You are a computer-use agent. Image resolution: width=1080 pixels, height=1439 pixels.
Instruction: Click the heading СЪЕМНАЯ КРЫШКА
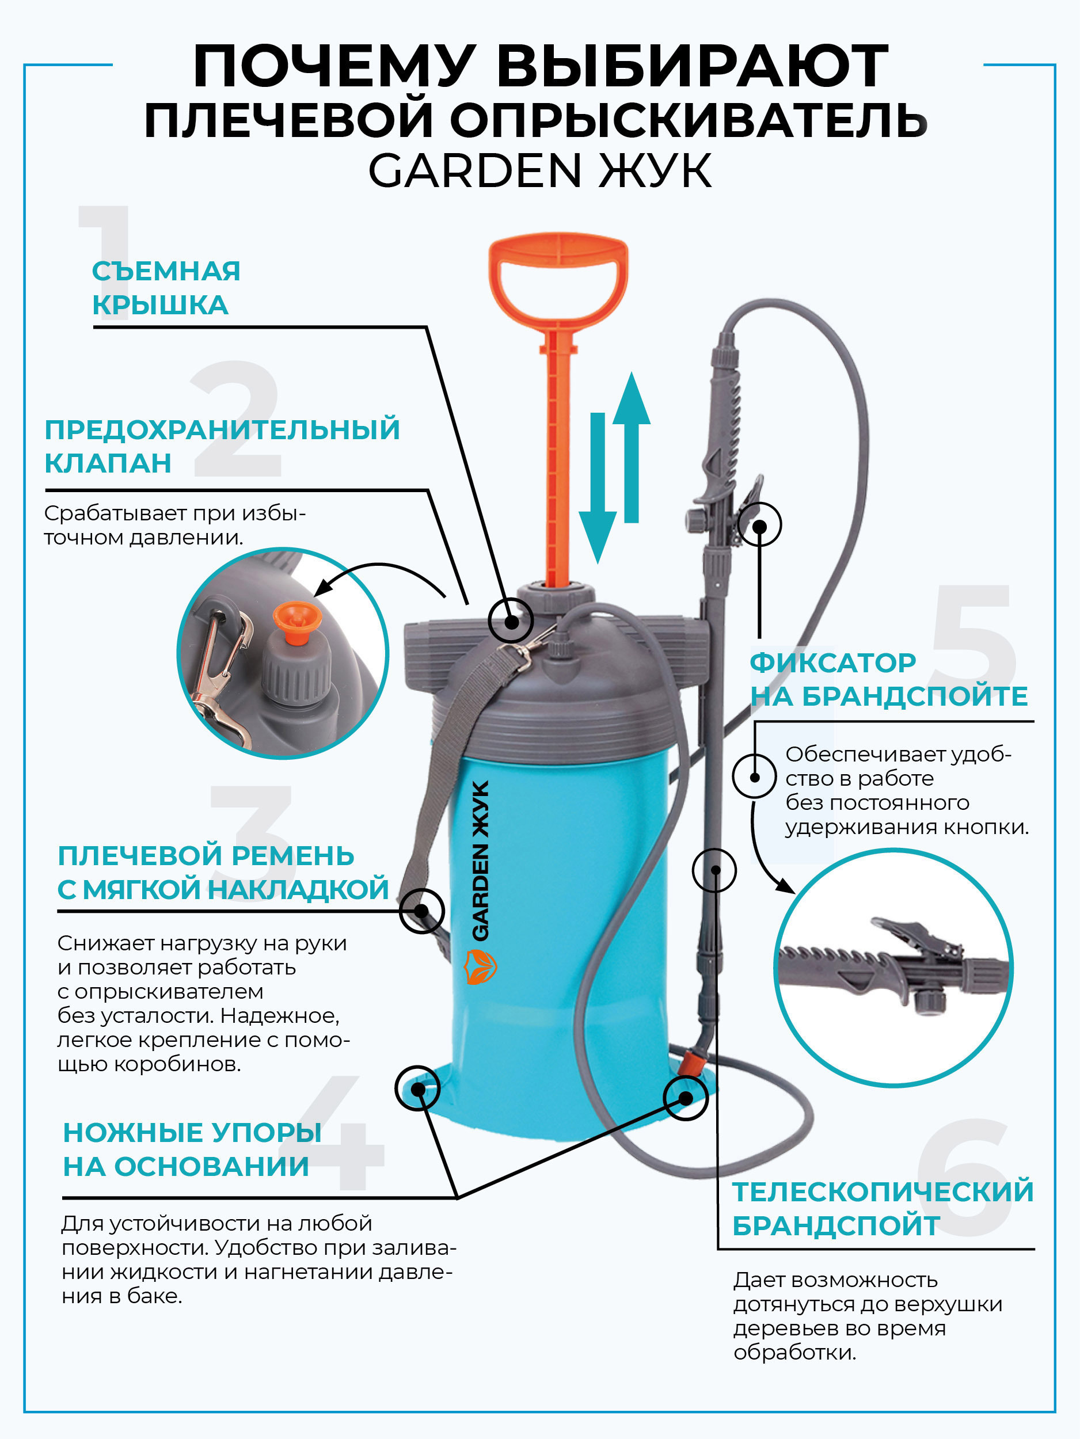165,288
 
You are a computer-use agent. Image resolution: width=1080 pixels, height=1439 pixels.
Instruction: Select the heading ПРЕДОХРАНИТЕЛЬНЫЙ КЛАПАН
221,446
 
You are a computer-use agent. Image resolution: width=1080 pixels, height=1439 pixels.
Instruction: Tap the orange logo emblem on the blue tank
481,966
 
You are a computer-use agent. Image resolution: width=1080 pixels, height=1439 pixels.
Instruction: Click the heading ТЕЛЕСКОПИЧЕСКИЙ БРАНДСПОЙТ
882,1208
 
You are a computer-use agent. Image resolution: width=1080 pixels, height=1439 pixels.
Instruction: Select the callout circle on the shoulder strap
421,911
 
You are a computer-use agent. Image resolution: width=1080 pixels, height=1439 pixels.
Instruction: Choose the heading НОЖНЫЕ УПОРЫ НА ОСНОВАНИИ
191,1149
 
